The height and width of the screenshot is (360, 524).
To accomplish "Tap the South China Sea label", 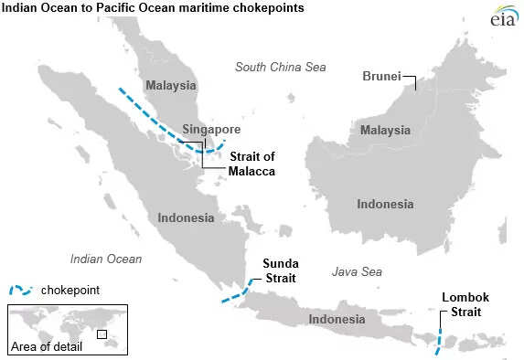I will (280, 67).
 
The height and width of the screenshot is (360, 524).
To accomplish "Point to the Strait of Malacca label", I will (251, 164).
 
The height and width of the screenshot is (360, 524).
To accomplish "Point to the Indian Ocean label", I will (106, 259).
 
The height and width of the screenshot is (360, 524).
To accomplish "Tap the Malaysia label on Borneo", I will (384, 131).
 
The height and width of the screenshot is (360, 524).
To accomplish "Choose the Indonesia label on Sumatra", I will (186, 218).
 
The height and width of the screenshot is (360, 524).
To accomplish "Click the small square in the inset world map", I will (102, 334).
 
